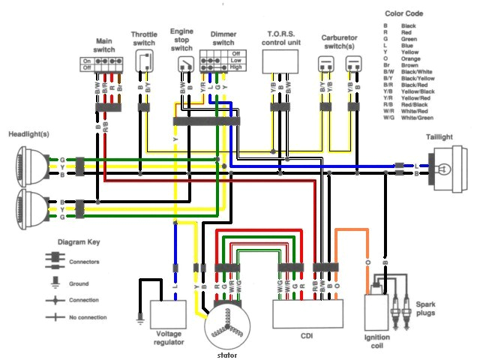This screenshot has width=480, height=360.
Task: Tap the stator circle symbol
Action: coord(227,323)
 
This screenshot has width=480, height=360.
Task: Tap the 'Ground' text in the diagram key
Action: coord(79,283)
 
